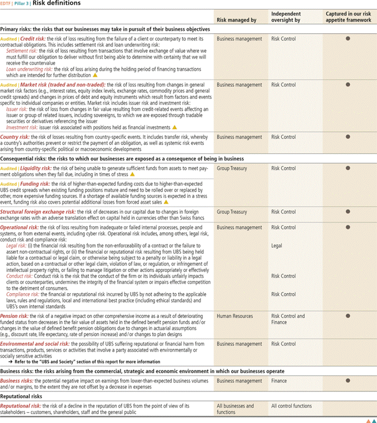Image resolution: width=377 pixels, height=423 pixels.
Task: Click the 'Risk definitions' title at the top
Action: [x=57, y=3]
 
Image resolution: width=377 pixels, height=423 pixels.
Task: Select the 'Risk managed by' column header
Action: [x=237, y=20]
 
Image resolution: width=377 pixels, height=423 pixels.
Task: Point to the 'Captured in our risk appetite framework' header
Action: [x=347, y=17]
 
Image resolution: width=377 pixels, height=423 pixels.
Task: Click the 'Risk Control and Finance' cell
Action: [x=288, y=319]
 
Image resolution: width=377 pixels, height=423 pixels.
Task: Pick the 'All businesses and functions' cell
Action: [x=235, y=409]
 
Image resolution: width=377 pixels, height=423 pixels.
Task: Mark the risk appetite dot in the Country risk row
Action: [x=348, y=137]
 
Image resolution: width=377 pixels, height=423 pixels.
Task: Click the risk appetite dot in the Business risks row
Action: [x=348, y=381]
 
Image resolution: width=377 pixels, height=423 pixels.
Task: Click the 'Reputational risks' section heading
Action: [x=22, y=396]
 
